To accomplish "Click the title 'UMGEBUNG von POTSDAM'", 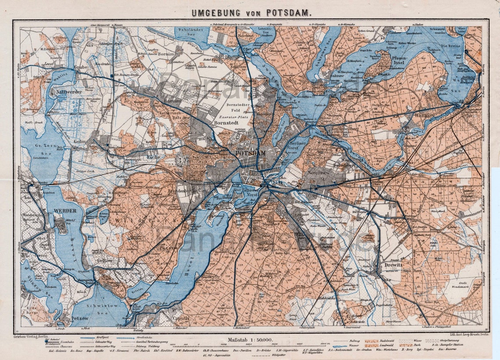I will [x=251, y=13].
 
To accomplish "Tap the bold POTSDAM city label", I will [x=250, y=153].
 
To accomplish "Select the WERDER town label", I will [x=65, y=210].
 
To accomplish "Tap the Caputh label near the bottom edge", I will [x=181, y=319].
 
